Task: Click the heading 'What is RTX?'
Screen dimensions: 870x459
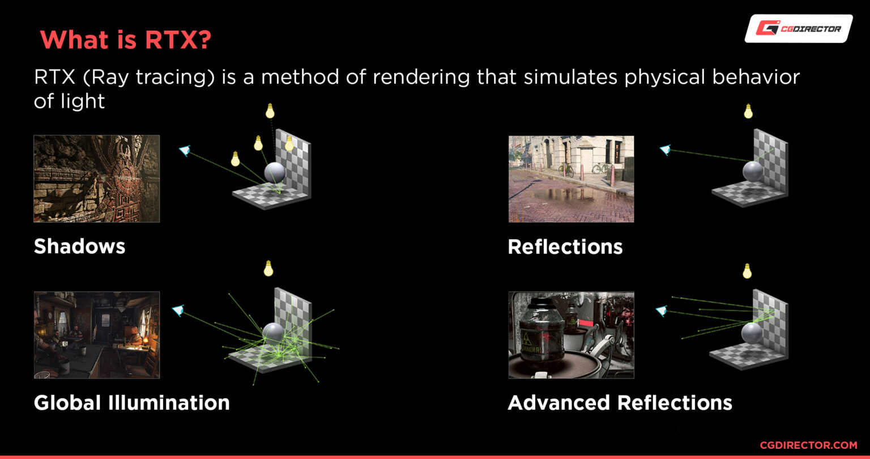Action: pyautogui.click(x=125, y=40)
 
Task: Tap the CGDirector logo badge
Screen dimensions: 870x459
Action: pyautogui.click(x=799, y=28)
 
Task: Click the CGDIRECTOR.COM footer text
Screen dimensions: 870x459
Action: pyautogui.click(x=809, y=445)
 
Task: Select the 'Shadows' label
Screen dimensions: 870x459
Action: pyautogui.click(x=80, y=246)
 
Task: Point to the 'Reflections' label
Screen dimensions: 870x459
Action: pyautogui.click(x=565, y=247)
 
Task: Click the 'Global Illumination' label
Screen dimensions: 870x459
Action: pyautogui.click(x=131, y=403)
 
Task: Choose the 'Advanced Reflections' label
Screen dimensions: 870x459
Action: pyautogui.click(x=620, y=403)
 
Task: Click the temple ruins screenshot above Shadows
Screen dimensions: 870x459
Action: pyautogui.click(x=97, y=178)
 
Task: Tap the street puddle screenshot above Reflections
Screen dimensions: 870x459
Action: pyautogui.click(x=572, y=179)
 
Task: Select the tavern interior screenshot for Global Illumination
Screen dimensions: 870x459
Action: pyautogui.click(x=97, y=335)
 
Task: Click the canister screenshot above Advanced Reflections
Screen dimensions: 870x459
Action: pyautogui.click(x=572, y=335)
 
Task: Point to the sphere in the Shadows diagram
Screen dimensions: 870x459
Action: pyautogui.click(x=275, y=172)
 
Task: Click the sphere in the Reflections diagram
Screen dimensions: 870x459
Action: pyautogui.click(x=753, y=171)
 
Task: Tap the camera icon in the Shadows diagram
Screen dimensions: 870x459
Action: pyautogui.click(x=185, y=150)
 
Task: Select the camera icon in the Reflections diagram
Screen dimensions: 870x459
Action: pyautogui.click(x=666, y=150)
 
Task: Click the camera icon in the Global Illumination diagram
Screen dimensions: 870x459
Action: pyautogui.click(x=178, y=311)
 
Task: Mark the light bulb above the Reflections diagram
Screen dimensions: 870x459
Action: pyautogui.click(x=748, y=111)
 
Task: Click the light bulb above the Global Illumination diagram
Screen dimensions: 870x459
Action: pyautogui.click(x=268, y=269)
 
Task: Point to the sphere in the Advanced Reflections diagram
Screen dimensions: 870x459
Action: pyautogui.click(x=752, y=333)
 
